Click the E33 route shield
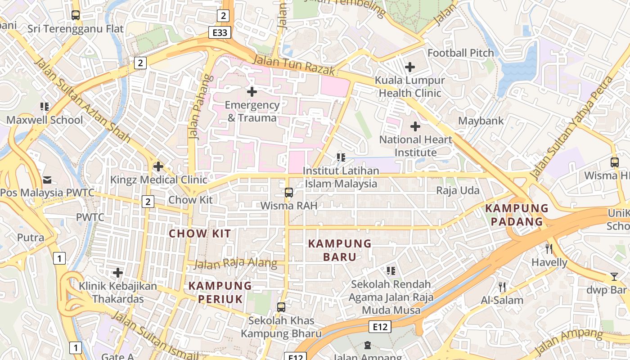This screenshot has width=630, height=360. coord(220,32)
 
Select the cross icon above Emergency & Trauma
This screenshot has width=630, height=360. coord(252,92)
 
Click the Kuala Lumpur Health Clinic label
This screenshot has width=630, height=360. coord(410,86)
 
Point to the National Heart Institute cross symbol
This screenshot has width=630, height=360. coord(415,126)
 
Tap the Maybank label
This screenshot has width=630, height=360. coord(481,121)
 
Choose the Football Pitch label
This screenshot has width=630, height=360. coord(460,53)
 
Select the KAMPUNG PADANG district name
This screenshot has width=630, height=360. coord(517,215)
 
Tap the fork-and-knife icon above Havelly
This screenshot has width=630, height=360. coord(549,248)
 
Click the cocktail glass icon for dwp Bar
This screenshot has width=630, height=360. coord(614,276)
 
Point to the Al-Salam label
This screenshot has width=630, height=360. coord(502,300)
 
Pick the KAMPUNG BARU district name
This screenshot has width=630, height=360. coord(339,250)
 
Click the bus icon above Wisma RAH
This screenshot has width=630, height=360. coord(289,193)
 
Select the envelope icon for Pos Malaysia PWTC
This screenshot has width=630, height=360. coord(47,180)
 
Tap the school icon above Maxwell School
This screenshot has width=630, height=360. coord(45,107)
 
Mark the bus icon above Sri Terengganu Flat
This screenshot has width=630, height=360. coord(76,15)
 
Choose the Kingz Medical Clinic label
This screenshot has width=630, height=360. coord(158,180)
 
